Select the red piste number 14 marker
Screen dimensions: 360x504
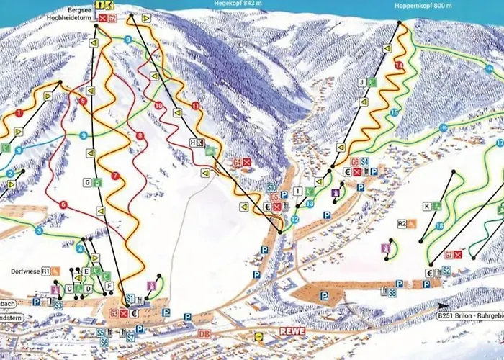398,66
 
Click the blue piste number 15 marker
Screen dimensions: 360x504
395,113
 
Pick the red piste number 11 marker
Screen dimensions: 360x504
195,107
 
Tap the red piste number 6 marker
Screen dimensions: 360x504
63,205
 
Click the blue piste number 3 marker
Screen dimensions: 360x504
38,231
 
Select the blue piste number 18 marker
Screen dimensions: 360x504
438,225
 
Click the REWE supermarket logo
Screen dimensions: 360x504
292,331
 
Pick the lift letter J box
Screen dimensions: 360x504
362,83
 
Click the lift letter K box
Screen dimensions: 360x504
426,207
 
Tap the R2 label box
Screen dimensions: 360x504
402,223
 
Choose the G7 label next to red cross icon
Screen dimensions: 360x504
449,254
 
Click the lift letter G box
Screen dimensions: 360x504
87,183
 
